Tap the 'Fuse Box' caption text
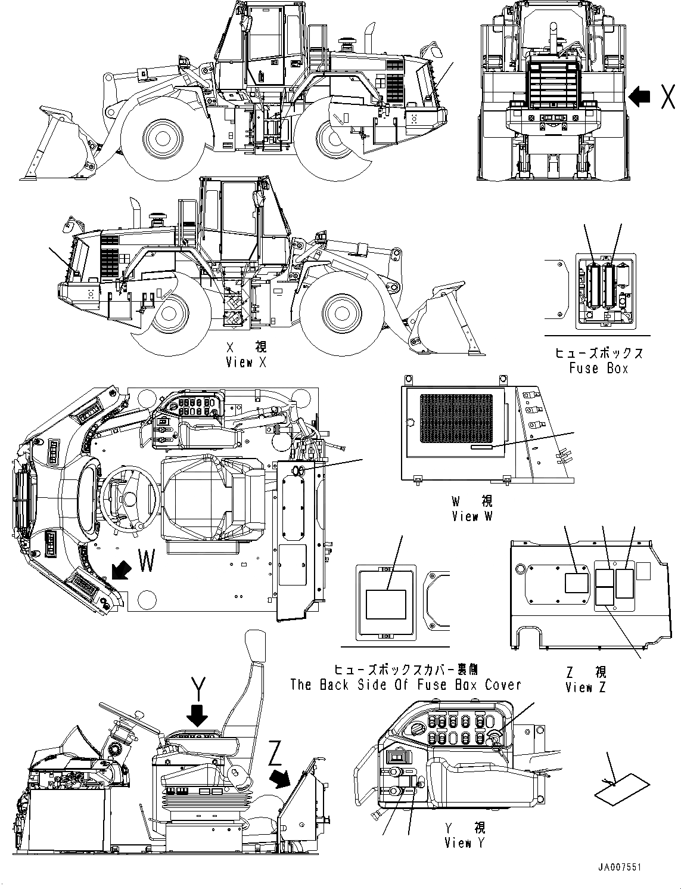pos(598,368)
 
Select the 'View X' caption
pos(247,362)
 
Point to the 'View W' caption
pos(472,516)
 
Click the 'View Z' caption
pos(585,687)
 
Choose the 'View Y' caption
pos(465,842)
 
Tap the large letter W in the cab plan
pos(148,560)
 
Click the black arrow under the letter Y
pos(197,713)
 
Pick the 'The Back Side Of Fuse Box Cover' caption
pos(405,684)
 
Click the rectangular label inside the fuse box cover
pos(385,604)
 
